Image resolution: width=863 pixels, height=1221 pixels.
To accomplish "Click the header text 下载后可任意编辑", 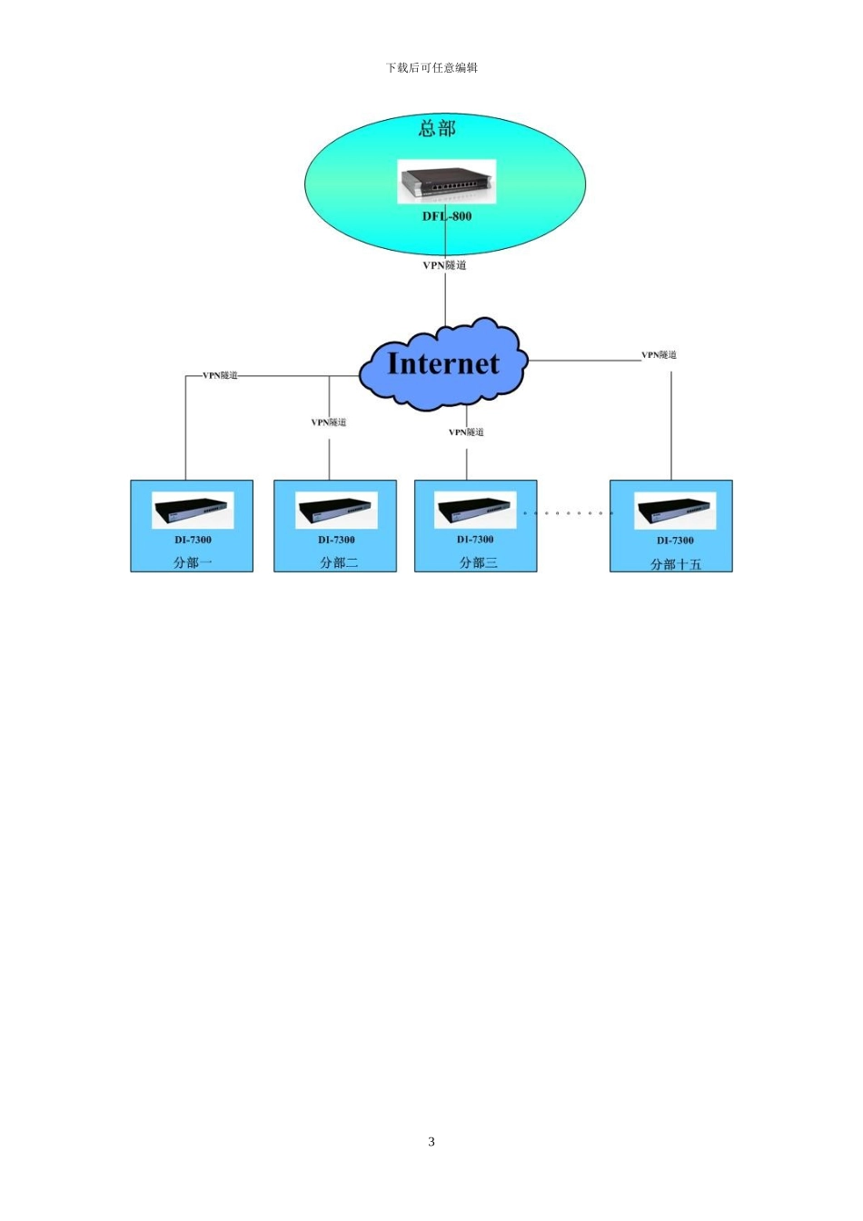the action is (x=431, y=67).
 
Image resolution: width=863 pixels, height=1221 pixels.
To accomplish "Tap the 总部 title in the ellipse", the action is (x=437, y=129).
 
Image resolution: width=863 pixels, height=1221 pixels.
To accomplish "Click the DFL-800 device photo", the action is (x=447, y=182).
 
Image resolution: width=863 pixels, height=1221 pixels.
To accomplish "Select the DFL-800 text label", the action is (x=447, y=216).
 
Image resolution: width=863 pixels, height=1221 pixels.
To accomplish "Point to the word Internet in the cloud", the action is (x=442, y=363).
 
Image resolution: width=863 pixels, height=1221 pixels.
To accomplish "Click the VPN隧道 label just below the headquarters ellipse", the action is (x=445, y=265).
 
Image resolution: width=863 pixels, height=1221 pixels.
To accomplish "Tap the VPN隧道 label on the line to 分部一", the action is (x=220, y=375).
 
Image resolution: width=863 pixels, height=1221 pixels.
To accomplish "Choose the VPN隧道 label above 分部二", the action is (x=329, y=422).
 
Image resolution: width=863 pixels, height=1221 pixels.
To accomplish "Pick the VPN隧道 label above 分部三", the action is (x=466, y=432).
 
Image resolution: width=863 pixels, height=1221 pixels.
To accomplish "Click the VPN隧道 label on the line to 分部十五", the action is (x=659, y=355).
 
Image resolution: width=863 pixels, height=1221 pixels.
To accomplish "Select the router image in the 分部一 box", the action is (x=193, y=511).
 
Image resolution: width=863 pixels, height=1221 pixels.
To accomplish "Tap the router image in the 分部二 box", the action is (x=336, y=511).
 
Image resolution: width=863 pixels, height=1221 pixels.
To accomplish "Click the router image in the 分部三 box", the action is (x=475, y=510).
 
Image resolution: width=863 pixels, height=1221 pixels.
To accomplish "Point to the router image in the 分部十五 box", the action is (x=675, y=511).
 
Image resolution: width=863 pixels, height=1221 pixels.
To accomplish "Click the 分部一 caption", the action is (x=193, y=562).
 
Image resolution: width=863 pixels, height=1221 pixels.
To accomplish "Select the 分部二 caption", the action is (x=339, y=562).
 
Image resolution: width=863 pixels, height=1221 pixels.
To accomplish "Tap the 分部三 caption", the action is (x=478, y=562).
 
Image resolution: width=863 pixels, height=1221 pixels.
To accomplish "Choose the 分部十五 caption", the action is (x=676, y=564).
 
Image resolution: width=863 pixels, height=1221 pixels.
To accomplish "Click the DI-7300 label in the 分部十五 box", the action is (x=675, y=541).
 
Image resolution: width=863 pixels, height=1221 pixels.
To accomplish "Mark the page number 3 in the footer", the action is (x=431, y=1141).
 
